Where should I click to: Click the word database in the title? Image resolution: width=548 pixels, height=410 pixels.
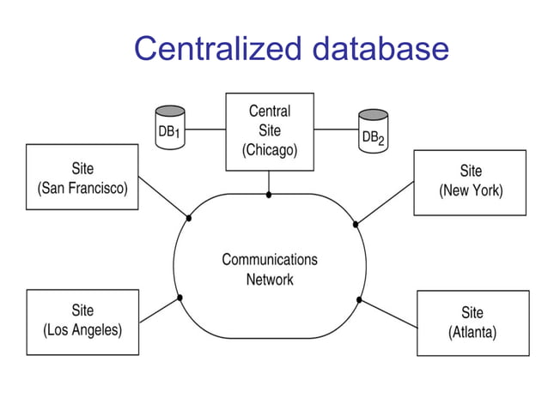[x=380, y=49]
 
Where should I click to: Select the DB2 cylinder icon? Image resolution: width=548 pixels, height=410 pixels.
[x=373, y=130]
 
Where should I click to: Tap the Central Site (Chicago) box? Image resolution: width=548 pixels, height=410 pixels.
[x=269, y=131]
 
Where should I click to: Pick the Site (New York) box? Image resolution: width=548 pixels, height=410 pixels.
[x=470, y=182]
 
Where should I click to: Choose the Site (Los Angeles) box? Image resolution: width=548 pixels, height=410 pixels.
[x=82, y=321]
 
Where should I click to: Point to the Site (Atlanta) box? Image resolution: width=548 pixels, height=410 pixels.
[x=472, y=323]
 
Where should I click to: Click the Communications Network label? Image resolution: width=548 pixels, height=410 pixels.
[x=269, y=269]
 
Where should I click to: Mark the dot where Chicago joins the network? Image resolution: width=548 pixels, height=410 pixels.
[x=269, y=195]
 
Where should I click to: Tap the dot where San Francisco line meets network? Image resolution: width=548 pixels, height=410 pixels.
[x=189, y=218]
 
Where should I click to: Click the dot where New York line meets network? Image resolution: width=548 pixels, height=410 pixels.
[x=356, y=224]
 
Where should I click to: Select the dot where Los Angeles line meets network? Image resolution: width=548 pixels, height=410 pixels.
[x=180, y=298]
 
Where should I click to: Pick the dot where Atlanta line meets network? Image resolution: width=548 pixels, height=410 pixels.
[x=359, y=300]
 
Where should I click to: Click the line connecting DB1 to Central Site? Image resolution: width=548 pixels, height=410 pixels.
[x=205, y=130]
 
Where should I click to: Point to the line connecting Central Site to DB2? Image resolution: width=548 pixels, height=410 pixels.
[x=336, y=130]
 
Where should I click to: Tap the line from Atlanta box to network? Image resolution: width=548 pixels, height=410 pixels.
[x=388, y=314]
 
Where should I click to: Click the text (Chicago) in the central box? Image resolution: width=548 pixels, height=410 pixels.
[x=269, y=150]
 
